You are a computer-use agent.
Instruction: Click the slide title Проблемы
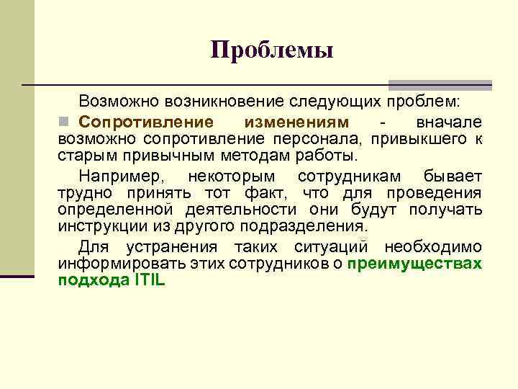[x=272, y=50]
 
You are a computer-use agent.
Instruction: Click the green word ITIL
[x=149, y=281]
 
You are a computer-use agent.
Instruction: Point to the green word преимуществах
[x=414, y=264]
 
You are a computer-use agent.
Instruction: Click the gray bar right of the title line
[x=440, y=85]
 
